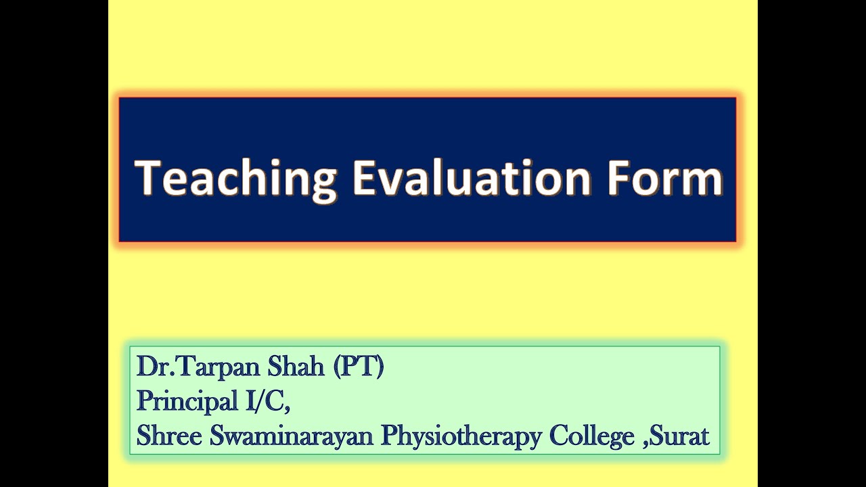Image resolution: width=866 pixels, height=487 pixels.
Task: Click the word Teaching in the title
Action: [236, 179]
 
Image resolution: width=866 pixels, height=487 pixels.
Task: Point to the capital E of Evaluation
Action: [363, 179]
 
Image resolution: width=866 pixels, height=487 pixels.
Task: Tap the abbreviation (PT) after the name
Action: [359, 367]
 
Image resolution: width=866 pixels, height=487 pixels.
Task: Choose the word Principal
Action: [181, 402]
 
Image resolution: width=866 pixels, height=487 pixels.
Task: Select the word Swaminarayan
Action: [291, 436]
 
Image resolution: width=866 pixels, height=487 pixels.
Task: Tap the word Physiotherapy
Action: [461, 436]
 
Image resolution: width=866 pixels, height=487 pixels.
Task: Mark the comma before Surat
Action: [645, 444]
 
